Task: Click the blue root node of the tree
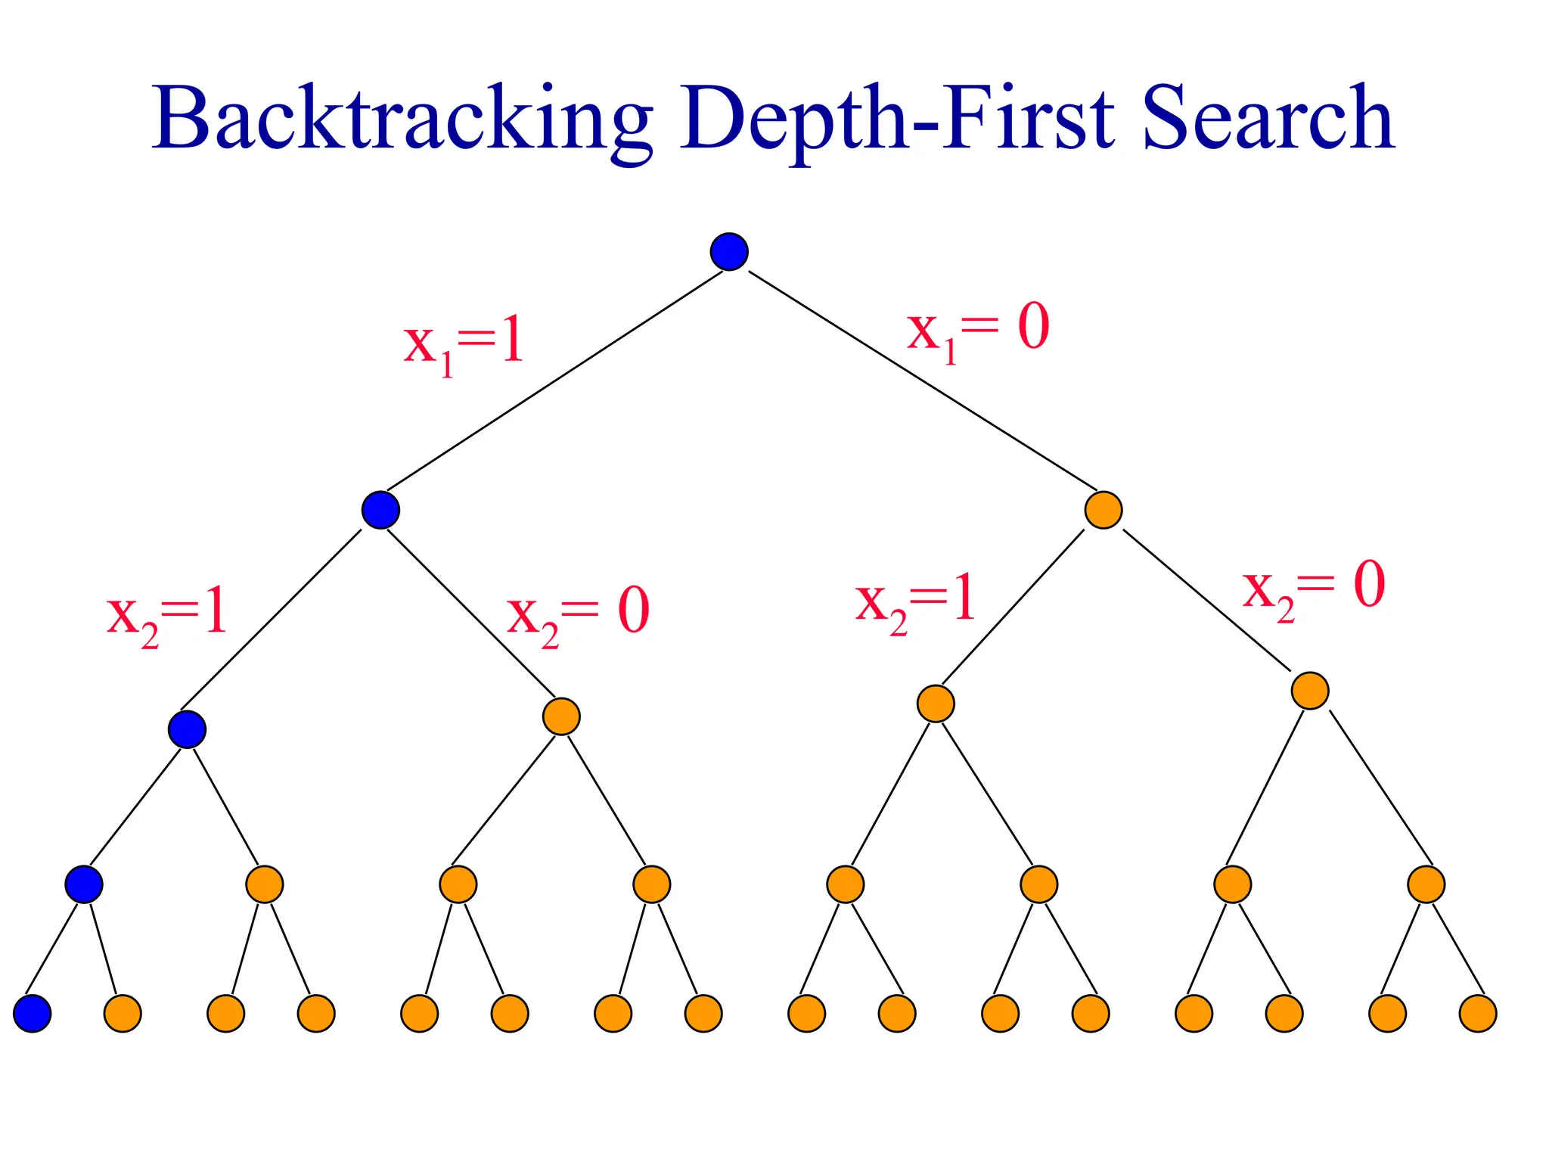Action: tap(729, 251)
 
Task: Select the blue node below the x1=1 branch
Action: tap(380, 510)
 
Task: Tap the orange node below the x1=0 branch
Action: tap(1103, 510)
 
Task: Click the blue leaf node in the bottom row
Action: tap(33, 1013)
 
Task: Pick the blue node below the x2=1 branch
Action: tap(187, 729)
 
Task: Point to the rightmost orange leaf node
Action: tap(1478, 1013)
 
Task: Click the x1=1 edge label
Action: tap(464, 344)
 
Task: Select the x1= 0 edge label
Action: tap(978, 331)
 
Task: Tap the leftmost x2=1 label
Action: tap(166, 617)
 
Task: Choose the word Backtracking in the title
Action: tap(402, 120)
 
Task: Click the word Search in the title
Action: tap(1268, 120)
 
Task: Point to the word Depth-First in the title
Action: tap(897, 120)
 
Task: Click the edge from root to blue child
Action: tap(554, 381)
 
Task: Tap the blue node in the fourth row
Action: tap(83, 884)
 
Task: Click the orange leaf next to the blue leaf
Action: tap(123, 1013)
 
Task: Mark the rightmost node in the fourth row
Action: tap(1426, 884)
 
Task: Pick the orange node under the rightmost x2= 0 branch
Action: tap(1310, 690)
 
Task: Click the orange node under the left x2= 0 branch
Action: tap(561, 716)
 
